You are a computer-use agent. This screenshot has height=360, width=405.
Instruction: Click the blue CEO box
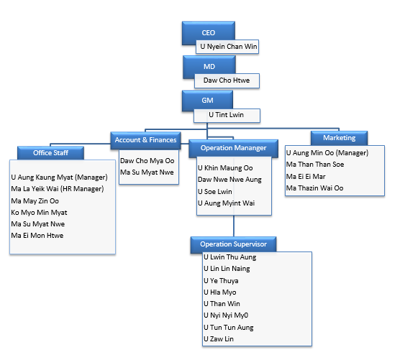(x=209, y=33)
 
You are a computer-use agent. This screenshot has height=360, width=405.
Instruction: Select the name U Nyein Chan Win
(x=229, y=47)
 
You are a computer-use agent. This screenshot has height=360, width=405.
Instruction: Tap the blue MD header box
(x=209, y=67)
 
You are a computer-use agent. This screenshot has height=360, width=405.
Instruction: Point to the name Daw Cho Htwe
(x=227, y=80)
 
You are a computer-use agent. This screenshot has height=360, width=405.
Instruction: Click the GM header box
(x=207, y=101)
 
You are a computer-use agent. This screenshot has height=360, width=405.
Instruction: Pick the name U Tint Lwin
(x=227, y=115)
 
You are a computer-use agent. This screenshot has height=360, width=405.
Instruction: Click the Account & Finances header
(x=146, y=140)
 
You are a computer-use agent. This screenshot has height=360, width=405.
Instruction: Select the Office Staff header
(x=50, y=153)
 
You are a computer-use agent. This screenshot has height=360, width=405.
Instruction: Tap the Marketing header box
(x=339, y=138)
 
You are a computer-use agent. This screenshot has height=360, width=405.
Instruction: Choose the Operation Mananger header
(x=234, y=148)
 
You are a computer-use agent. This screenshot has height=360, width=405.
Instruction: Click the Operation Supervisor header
(x=234, y=244)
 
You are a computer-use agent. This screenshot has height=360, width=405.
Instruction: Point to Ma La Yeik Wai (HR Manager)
(x=58, y=189)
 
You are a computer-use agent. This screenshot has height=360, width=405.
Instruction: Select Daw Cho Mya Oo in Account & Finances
(x=147, y=161)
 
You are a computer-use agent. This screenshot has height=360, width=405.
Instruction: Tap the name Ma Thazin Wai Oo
(x=314, y=188)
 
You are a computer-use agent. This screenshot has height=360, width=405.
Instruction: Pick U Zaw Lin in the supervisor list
(x=219, y=339)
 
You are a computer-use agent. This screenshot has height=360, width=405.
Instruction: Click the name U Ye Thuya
(x=221, y=281)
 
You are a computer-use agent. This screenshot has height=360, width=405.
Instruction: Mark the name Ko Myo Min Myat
(x=39, y=213)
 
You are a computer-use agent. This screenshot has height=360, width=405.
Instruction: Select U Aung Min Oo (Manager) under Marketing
(x=327, y=153)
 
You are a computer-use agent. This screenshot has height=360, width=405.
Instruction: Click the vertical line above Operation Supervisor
(x=234, y=226)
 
